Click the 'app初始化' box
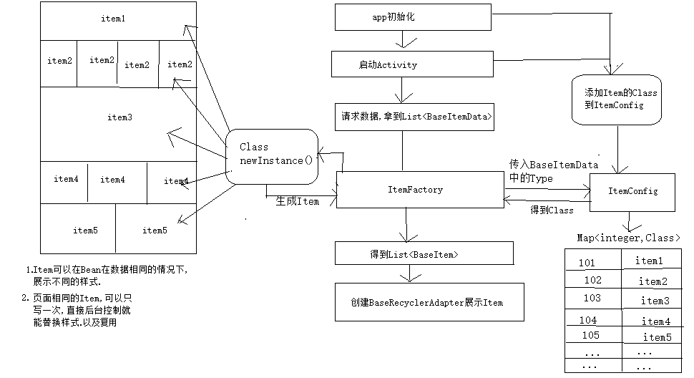[x=414, y=17]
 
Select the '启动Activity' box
[x=412, y=64]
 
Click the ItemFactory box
[x=420, y=190]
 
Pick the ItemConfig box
[x=632, y=192]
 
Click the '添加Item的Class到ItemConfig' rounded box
[x=620, y=100]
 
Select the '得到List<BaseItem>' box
[x=424, y=253]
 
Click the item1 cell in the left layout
[x=113, y=19]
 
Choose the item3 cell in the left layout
[x=119, y=117]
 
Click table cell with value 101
[x=591, y=263]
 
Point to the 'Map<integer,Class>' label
[x=628, y=238]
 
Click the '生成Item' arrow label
[x=298, y=202]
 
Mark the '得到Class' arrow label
[x=552, y=210]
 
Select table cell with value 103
[x=592, y=299]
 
